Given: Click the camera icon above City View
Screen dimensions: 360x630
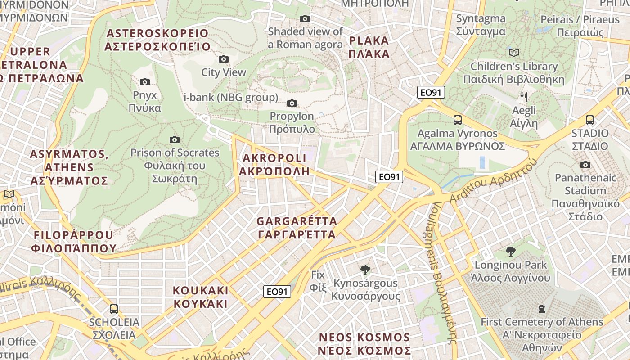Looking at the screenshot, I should (x=223, y=59).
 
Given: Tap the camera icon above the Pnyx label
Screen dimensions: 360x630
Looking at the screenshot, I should (x=144, y=82).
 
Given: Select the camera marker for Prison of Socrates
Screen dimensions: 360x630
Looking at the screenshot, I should (x=175, y=140).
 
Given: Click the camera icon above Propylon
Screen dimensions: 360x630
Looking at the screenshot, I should (x=292, y=103).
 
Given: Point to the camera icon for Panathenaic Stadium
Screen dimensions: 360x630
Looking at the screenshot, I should (x=585, y=165).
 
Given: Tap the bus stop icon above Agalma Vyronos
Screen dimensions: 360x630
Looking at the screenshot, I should (x=457, y=120).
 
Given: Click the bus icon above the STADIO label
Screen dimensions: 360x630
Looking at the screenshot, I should (x=589, y=120).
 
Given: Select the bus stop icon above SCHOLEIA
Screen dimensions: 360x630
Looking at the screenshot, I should (x=114, y=309).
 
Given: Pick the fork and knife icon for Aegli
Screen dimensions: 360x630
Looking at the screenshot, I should (x=523, y=97).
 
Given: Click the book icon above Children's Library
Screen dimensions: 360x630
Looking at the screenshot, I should (x=513, y=53).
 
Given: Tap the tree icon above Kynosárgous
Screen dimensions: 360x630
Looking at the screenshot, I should (x=365, y=270).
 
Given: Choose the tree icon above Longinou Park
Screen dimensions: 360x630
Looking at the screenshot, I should (x=510, y=251).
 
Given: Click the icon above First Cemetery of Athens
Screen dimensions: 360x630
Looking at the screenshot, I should (x=542, y=309).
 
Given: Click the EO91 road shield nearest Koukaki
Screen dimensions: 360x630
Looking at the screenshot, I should (x=277, y=292).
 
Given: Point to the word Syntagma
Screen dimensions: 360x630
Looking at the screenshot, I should (x=481, y=19).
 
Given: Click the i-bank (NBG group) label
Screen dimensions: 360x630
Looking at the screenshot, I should (x=231, y=98).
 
